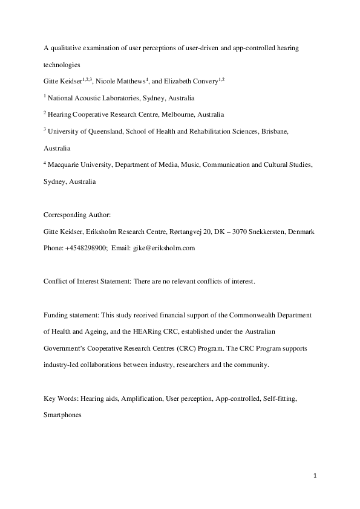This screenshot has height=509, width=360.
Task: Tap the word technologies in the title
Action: [x=65, y=64]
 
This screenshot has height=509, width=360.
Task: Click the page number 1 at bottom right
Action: [x=315, y=475]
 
